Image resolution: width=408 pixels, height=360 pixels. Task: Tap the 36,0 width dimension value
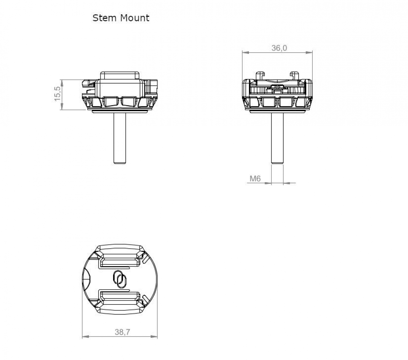coord(279,48)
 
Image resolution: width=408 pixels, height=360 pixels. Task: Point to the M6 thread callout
coord(255,179)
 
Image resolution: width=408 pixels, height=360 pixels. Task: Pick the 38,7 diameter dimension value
coord(122,332)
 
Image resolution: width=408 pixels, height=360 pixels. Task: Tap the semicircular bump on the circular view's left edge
coord(87,279)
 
